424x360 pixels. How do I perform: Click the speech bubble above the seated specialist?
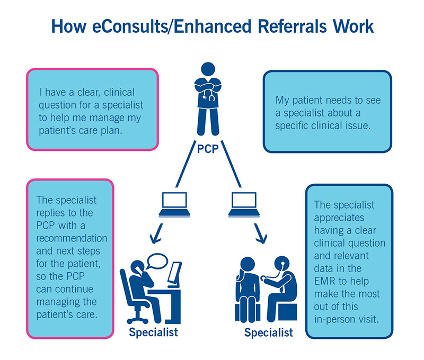(x=159, y=260)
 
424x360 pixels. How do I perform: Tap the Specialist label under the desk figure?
(x=153, y=332)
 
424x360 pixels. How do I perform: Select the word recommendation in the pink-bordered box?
(x=71, y=236)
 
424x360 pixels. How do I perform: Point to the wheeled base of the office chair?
(x=137, y=318)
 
